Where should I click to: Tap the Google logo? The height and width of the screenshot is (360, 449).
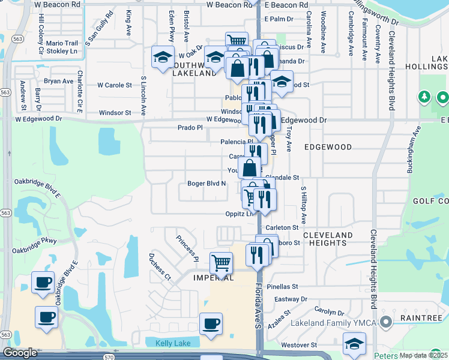[20, 353]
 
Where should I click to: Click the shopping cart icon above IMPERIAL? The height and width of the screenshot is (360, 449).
[221, 262]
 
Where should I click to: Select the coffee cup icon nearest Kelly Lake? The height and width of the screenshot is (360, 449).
[210, 324]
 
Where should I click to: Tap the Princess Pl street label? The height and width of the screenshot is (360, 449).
[187, 248]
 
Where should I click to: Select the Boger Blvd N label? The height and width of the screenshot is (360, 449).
[206, 184]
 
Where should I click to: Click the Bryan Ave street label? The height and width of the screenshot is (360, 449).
[58, 81]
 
